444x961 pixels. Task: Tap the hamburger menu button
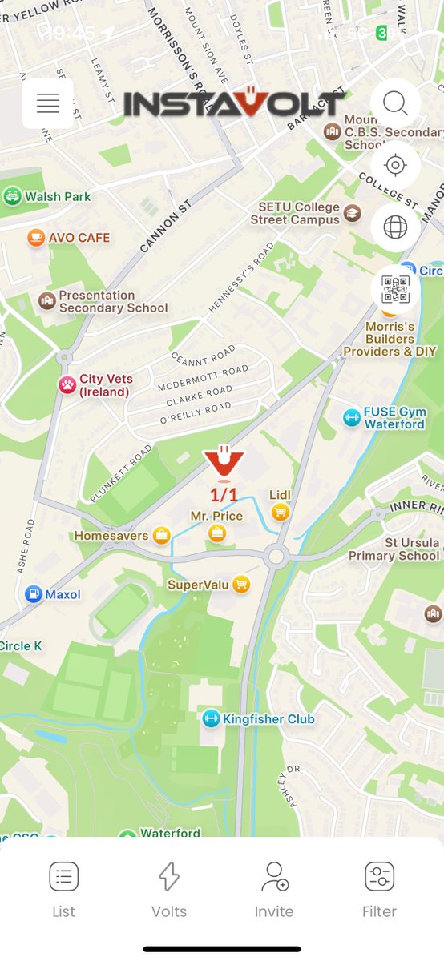point(48,103)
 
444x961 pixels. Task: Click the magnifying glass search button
point(395,103)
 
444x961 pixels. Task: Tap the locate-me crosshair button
point(395,165)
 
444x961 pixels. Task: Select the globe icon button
point(395,227)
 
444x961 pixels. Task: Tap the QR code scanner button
point(395,289)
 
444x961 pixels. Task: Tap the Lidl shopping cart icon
point(280,513)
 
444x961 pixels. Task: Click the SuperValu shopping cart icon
point(241,585)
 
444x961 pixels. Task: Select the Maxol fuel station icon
point(34,594)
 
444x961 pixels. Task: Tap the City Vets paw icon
point(67,385)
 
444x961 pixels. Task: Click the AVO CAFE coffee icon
point(35,238)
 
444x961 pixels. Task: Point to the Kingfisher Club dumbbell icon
point(211,719)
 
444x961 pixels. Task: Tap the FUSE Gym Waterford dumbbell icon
point(351,417)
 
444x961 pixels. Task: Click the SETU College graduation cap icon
point(352,213)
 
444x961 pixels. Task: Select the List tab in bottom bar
point(63,889)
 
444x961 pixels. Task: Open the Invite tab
point(274,889)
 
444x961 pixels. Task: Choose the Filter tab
point(379,889)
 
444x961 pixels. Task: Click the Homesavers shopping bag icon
point(162,536)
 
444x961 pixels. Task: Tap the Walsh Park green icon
point(12,196)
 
